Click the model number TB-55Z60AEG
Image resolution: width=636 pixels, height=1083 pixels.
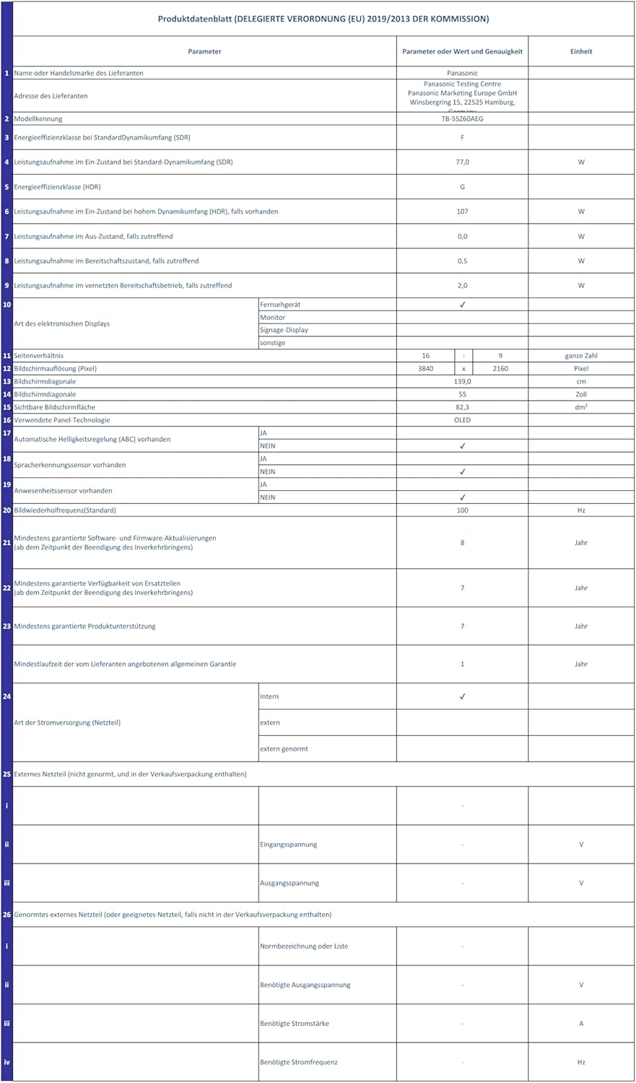point(462,118)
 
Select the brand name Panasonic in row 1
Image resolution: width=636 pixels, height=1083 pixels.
point(462,73)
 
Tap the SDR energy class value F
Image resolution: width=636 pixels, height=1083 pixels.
point(462,137)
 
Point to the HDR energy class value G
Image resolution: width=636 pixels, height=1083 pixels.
point(462,187)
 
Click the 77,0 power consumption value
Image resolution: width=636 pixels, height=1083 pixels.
point(462,162)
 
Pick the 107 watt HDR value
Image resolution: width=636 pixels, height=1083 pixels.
point(462,212)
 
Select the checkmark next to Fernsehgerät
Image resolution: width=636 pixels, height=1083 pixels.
point(462,305)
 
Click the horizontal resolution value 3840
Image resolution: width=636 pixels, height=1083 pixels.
point(425,369)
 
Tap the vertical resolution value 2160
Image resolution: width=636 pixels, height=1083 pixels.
point(500,369)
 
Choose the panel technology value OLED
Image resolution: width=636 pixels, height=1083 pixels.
point(462,420)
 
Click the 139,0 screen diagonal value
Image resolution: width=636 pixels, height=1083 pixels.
point(462,381)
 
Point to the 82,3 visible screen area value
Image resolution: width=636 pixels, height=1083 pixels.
point(462,407)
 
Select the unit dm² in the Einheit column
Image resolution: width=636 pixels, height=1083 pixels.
point(581,407)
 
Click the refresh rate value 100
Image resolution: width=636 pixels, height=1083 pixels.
point(462,510)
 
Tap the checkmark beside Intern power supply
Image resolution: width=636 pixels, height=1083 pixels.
point(462,697)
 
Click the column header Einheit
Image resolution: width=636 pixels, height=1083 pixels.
point(581,51)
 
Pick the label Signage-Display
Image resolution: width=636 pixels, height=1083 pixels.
point(284,330)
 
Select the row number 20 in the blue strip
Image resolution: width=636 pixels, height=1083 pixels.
point(6,510)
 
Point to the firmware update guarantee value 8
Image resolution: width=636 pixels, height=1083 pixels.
point(462,542)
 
